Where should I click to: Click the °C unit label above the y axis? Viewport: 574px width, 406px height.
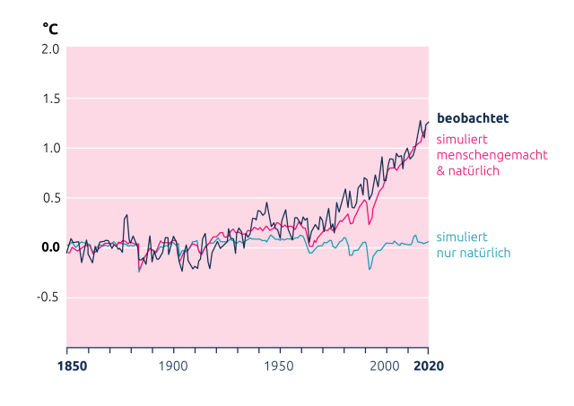click(x=49, y=28)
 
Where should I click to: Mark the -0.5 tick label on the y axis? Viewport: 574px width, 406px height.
click(x=48, y=298)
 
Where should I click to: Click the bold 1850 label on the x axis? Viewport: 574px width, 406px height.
click(x=67, y=366)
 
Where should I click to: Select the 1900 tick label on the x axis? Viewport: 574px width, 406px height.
click(x=173, y=366)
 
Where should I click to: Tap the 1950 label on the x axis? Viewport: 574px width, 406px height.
click(x=280, y=366)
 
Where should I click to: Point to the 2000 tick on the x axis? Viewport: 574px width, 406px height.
click(x=386, y=366)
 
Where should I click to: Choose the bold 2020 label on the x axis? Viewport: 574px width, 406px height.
click(x=429, y=366)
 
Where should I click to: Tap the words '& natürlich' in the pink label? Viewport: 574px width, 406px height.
click(x=467, y=170)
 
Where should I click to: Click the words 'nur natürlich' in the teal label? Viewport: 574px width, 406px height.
click(x=473, y=253)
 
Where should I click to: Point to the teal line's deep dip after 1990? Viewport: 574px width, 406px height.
click(x=370, y=268)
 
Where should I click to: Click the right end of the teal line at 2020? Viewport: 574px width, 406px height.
click(x=428, y=242)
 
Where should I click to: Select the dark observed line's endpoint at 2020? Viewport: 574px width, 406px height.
click(x=428, y=122)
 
